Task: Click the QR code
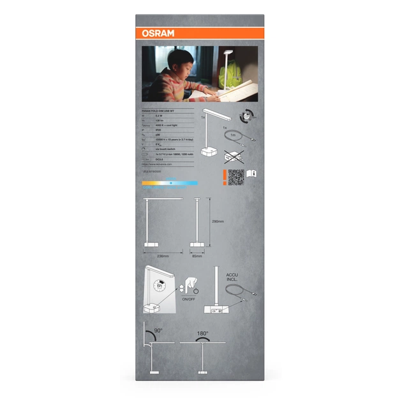tap(236, 177)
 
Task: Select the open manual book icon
tap(251, 173)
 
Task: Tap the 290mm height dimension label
tap(218, 221)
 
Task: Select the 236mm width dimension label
tap(162, 256)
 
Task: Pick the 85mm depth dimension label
tap(197, 256)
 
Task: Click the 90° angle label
tap(158, 331)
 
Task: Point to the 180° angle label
tap(204, 333)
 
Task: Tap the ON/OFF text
tap(189, 299)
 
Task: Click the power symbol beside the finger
tap(197, 291)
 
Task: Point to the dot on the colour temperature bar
tap(170, 183)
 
